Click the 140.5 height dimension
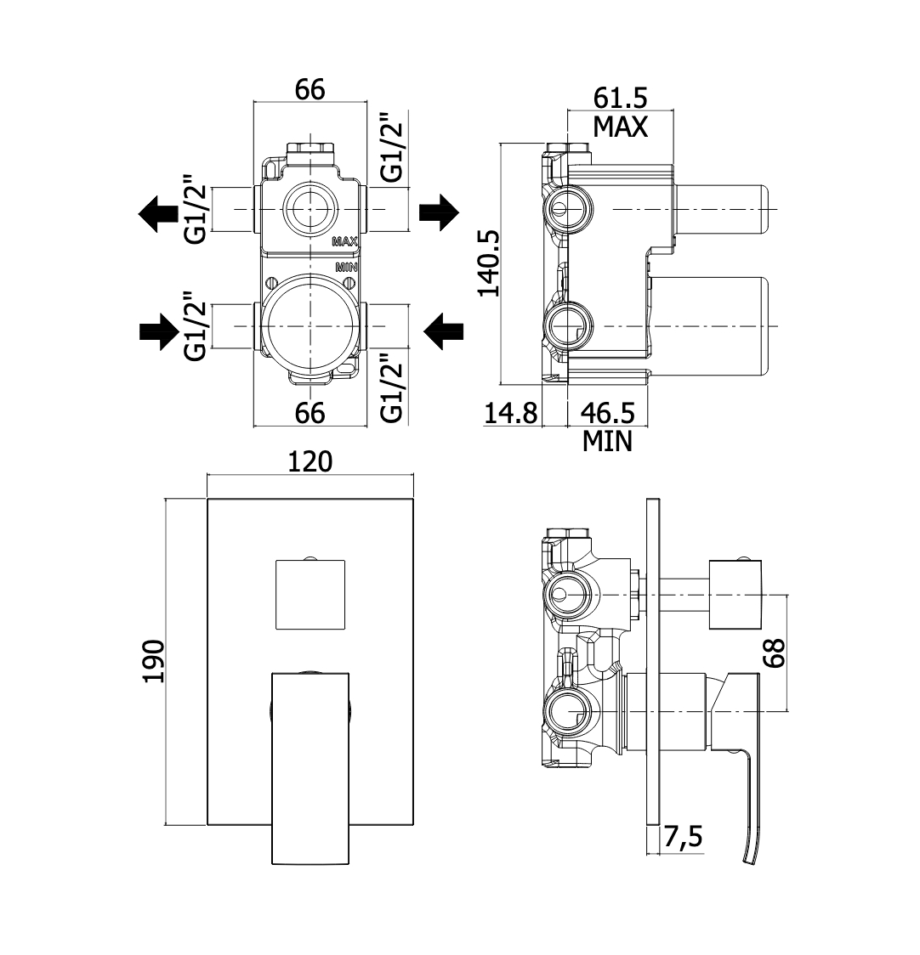487,263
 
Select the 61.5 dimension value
620,98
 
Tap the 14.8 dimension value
511,414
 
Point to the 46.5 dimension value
607,414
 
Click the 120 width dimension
310,461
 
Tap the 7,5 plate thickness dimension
683,838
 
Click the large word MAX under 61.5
620,127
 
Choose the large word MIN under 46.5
607,441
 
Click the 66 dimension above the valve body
310,88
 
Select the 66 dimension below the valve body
310,413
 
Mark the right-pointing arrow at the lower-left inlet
156,331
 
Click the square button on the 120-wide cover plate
310,595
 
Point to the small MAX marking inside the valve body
344,242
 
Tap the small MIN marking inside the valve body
346,267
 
